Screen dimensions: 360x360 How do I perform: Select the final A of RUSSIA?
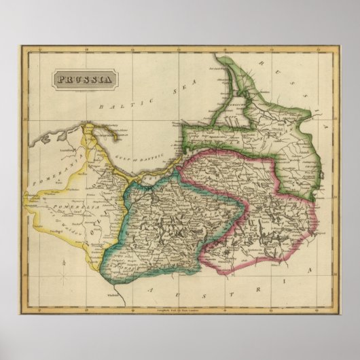point(326,126)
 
